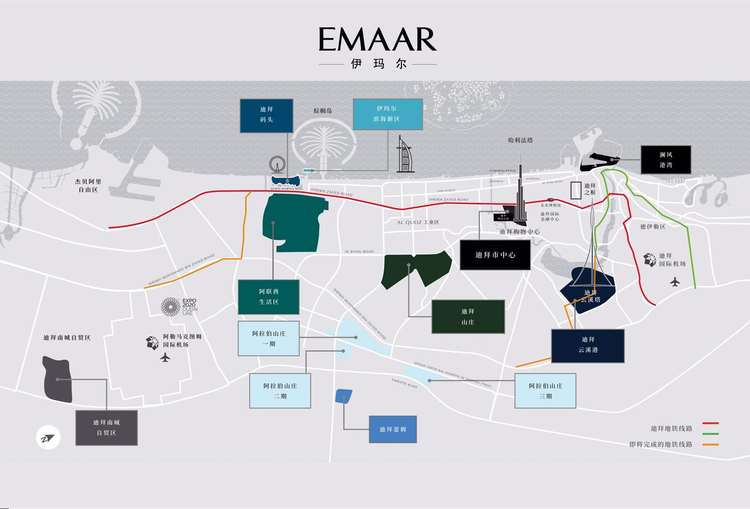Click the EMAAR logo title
click(x=377, y=40)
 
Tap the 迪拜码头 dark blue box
click(x=267, y=115)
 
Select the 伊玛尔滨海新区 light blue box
click(x=387, y=114)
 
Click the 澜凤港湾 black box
click(x=666, y=160)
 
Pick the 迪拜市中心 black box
click(x=495, y=255)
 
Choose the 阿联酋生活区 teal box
click(x=268, y=297)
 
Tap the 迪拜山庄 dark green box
click(x=468, y=317)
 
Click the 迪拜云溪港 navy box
click(x=588, y=345)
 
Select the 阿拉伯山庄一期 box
click(x=268, y=339)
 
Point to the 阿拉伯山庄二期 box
click(x=280, y=391)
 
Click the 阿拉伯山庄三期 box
click(x=545, y=391)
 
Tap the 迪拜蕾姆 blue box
click(x=392, y=429)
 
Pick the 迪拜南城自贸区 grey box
click(x=107, y=427)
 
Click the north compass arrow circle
click(x=48, y=438)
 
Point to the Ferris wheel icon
click(x=277, y=165)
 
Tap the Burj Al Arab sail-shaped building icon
click(x=404, y=155)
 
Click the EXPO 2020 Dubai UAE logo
click(x=179, y=307)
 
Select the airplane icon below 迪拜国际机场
click(x=675, y=282)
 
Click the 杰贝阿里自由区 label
click(x=88, y=186)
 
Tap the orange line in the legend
click(x=710, y=444)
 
